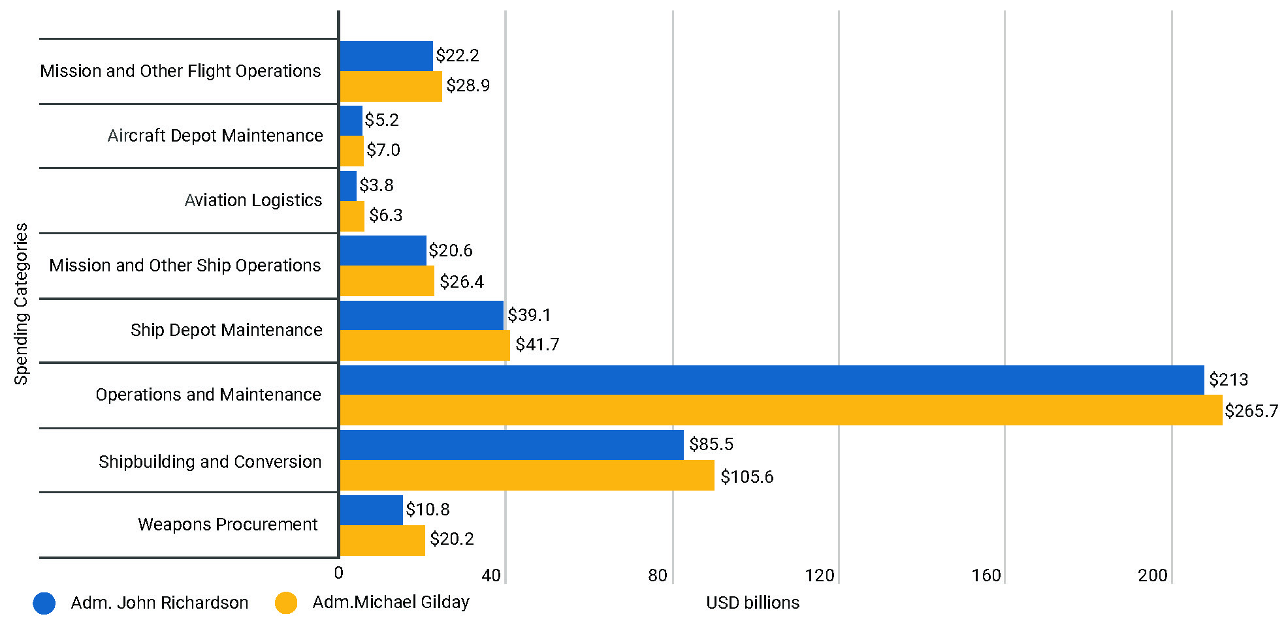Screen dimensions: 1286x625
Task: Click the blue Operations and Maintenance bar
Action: tap(771, 380)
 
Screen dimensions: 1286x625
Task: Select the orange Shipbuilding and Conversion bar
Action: tap(527, 475)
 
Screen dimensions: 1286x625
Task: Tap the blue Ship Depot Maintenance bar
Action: tap(421, 315)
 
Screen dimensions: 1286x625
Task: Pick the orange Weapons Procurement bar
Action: tap(382, 540)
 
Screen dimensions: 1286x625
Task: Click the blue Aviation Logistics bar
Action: tap(348, 186)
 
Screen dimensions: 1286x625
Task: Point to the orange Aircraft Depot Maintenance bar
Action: tap(351, 151)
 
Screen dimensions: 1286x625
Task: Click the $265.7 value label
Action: tap(1251, 411)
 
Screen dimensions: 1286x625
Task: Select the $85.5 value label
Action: tap(711, 444)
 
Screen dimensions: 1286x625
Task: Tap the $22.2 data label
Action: tap(457, 55)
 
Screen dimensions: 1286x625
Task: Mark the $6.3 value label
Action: tap(385, 215)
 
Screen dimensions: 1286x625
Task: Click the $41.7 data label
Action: tap(537, 344)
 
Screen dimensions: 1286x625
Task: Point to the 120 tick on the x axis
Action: tap(820, 575)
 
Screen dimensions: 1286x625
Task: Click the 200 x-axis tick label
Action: tap(1153, 575)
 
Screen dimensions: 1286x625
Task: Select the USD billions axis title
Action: tap(752, 603)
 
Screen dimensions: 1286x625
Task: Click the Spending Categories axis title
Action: tap(22, 304)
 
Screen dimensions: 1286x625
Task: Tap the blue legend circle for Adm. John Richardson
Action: tap(44, 603)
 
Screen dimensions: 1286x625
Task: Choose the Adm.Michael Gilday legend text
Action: tap(391, 602)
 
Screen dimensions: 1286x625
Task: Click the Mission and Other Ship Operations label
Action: tap(185, 266)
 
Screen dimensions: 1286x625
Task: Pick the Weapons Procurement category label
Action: tap(227, 525)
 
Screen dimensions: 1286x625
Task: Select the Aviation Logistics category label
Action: tap(253, 200)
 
